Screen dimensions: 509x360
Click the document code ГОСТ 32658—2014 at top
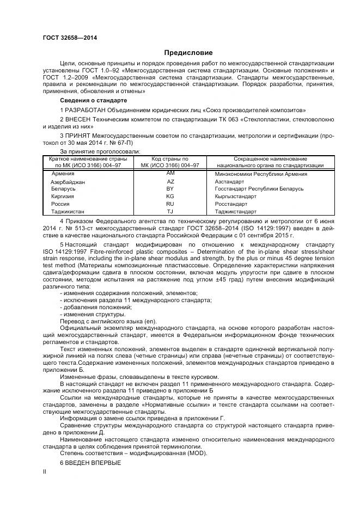coord(66,38)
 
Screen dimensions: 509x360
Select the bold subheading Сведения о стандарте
coord(93,101)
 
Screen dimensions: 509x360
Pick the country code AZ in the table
coord(170,181)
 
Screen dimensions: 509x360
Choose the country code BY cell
coord(170,188)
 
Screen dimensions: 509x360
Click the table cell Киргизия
coord(63,196)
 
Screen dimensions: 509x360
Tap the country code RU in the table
coord(170,203)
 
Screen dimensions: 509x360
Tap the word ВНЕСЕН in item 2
coord(80,119)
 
